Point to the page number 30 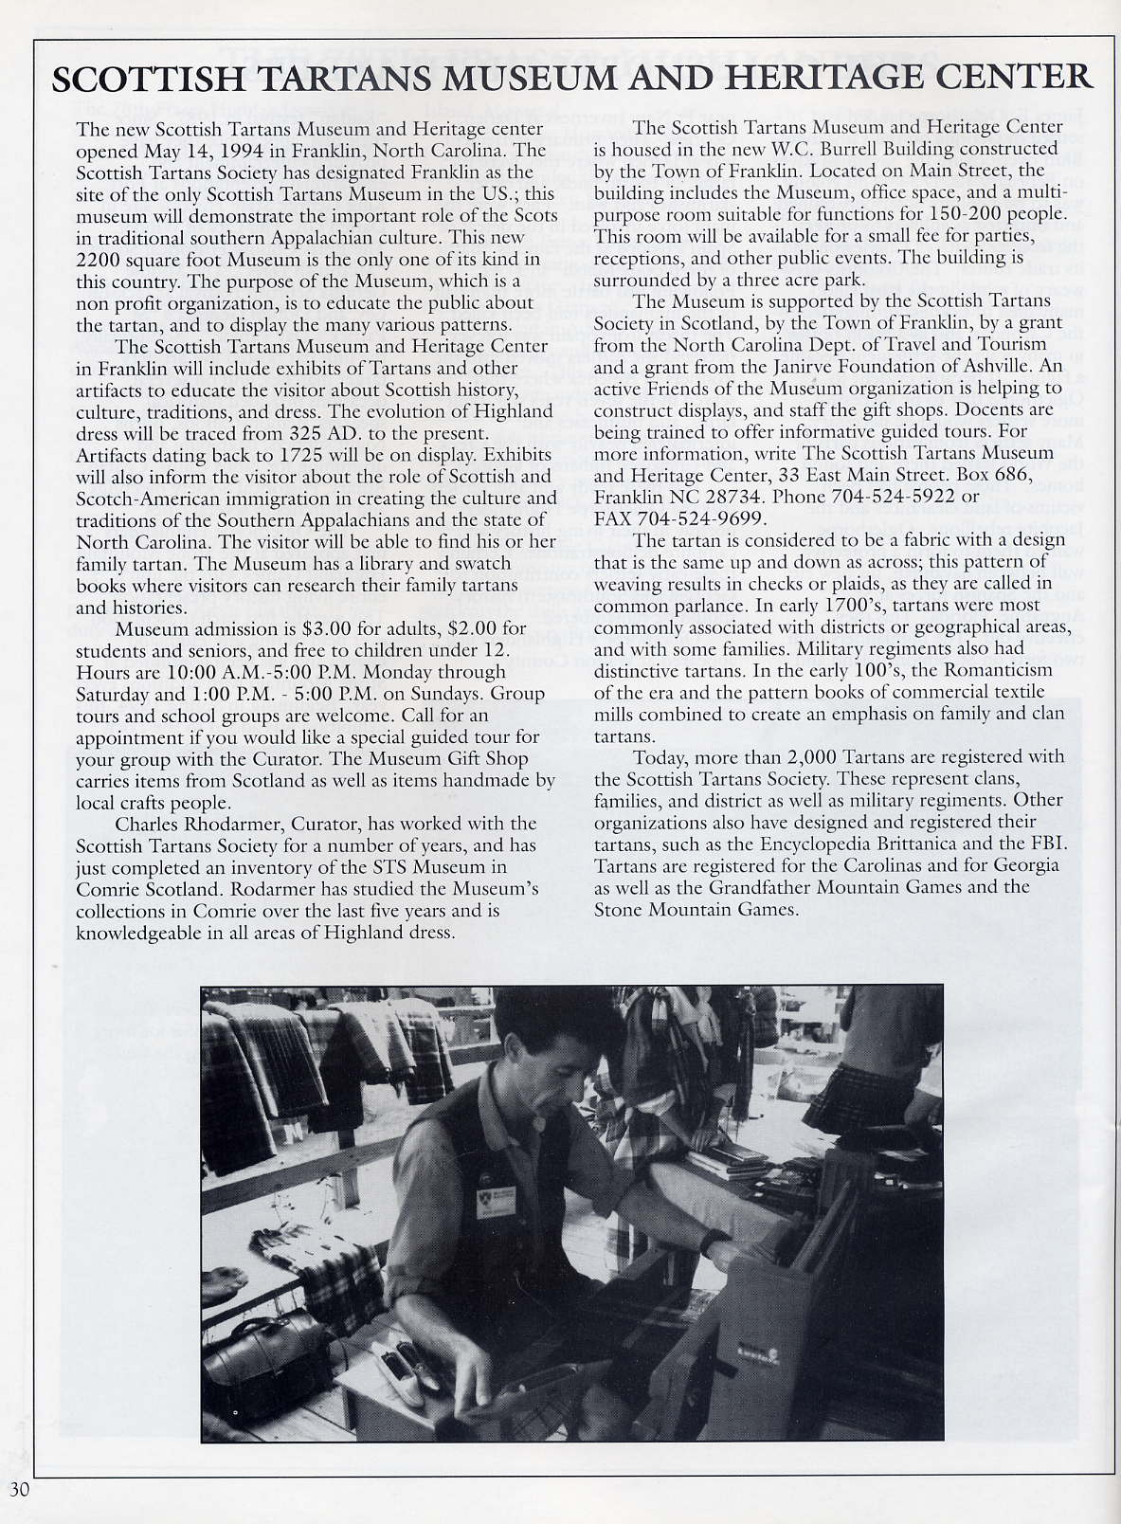(20, 1488)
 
